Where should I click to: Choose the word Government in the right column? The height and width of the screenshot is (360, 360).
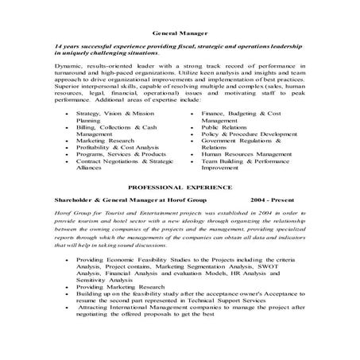coord(224,140)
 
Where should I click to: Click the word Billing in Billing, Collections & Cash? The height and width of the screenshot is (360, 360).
coord(87,126)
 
